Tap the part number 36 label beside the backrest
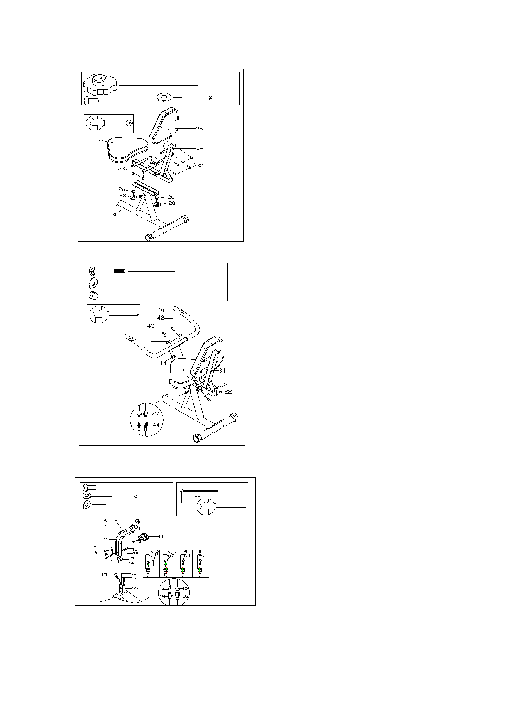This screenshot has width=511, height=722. point(199,128)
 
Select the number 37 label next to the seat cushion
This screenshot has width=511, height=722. point(100,141)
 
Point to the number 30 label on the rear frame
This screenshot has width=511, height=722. point(115,214)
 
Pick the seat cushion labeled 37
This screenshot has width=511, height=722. point(128,150)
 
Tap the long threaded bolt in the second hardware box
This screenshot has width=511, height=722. point(107,271)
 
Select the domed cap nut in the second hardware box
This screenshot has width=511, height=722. point(93,295)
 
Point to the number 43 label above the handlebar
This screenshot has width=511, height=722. point(151,326)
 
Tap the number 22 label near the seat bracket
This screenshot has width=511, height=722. point(228,392)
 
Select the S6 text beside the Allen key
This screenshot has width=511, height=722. point(198,495)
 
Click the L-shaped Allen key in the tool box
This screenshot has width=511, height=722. point(199,491)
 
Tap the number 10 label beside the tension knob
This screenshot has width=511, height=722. point(161,536)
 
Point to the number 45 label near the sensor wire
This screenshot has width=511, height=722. point(104,575)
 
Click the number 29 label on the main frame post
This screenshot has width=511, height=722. point(135,589)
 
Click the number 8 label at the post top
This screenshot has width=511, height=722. point(105,521)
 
